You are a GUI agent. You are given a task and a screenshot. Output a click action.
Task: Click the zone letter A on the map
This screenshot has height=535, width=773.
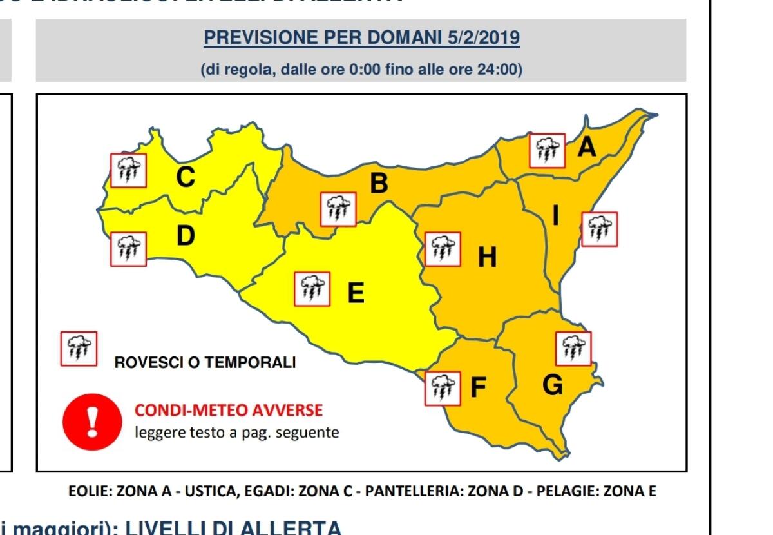click(586, 148)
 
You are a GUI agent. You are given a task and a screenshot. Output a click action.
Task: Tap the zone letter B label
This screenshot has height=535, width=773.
click(379, 184)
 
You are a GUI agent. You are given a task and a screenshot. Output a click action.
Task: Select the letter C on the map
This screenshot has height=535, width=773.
click(186, 176)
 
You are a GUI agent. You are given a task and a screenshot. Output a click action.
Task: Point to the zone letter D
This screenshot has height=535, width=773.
click(186, 237)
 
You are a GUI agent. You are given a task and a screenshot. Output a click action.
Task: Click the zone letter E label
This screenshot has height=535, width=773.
click(356, 293)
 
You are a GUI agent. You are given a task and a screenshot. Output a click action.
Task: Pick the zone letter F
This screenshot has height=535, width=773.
click(478, 387)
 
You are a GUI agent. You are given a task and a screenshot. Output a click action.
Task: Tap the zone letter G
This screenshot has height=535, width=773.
click(552, 385)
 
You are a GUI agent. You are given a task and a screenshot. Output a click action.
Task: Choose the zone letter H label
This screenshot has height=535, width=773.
click(487, 258)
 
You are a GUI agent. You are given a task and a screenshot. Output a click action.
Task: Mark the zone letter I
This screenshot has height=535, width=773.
click(555, 217)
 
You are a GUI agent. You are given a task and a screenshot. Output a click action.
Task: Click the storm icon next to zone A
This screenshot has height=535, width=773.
click(547, 151)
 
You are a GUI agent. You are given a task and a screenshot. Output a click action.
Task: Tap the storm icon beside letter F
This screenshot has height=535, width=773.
click(443, 388)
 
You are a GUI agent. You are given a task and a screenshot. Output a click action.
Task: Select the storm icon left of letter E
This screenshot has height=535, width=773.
click(312, 289)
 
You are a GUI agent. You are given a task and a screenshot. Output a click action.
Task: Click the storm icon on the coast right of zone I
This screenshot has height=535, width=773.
click(599, 229)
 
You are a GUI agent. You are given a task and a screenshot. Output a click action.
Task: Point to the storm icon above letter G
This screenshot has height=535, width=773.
click(573, 349)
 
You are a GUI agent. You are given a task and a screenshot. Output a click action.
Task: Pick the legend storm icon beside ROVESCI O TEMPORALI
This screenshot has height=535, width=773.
click(79, 349)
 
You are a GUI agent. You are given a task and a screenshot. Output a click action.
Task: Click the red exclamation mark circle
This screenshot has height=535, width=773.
click(91, 421)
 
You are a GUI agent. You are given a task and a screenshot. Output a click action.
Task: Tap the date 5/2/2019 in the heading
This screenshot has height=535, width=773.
click(483, 38)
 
